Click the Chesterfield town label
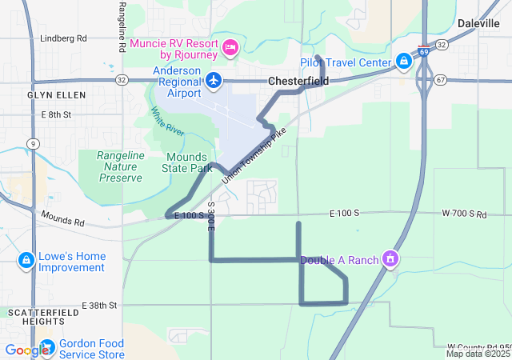pos(298,81)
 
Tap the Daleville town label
pos(478,23)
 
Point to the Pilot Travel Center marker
pos(404,62)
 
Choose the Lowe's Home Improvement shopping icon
pos(26,261)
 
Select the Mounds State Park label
pos(189,163)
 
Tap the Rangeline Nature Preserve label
pos(121,166)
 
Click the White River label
pos(166,124)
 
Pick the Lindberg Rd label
pos(63,38)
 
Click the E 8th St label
pos(56,114)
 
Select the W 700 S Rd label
pos(464,214)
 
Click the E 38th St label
pos(99,306)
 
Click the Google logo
pos(26,350)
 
